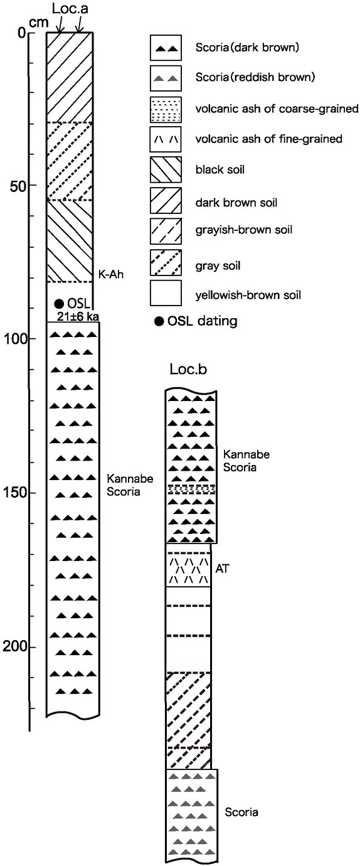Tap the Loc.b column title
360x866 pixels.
pos(188,369)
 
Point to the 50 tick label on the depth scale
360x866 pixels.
pos(16,185)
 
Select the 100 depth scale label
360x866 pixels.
pos(14,339)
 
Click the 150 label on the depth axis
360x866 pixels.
pos(14,493)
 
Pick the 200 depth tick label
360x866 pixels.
pos(14,646)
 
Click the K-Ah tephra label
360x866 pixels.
pos(111,275)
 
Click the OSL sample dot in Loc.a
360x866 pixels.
pos(59,304)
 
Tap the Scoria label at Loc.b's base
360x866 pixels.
pos(241,812)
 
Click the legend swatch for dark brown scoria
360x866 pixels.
pos(166,47)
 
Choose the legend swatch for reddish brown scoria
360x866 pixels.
pos(166,78)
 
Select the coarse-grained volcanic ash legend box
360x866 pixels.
pos(166,109)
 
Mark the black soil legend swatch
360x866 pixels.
pos(166,169)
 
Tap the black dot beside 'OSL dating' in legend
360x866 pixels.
pos(159,321)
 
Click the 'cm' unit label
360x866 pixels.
pos(39,23)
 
